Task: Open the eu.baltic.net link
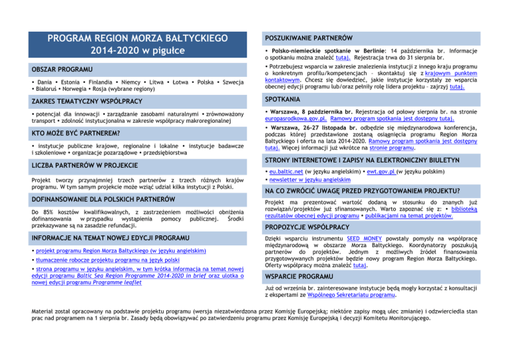[288, 170]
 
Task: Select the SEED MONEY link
[366, 257]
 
